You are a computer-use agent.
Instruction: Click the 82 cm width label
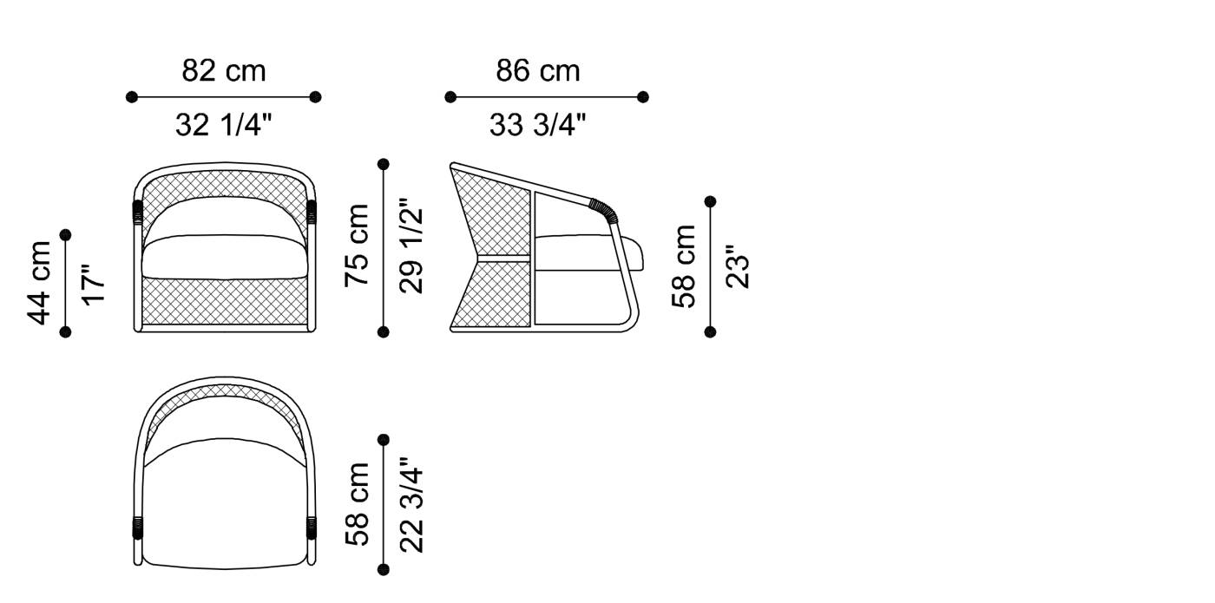point(224,70)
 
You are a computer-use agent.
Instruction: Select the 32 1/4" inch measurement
point(224,126)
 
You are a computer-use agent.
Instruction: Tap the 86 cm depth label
point(538,70)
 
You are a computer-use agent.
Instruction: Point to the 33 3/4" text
point(538,126)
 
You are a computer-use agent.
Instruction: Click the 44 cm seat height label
point(40,283)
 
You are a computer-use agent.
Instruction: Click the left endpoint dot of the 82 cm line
point(132,97)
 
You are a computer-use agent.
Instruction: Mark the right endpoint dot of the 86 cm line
point(642,97)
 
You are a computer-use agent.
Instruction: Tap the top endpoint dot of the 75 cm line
point(384,164)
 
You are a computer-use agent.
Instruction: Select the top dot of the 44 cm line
point(66,235)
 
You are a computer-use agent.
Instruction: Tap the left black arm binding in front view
point(137,211)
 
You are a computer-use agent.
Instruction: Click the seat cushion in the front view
point(225,257)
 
